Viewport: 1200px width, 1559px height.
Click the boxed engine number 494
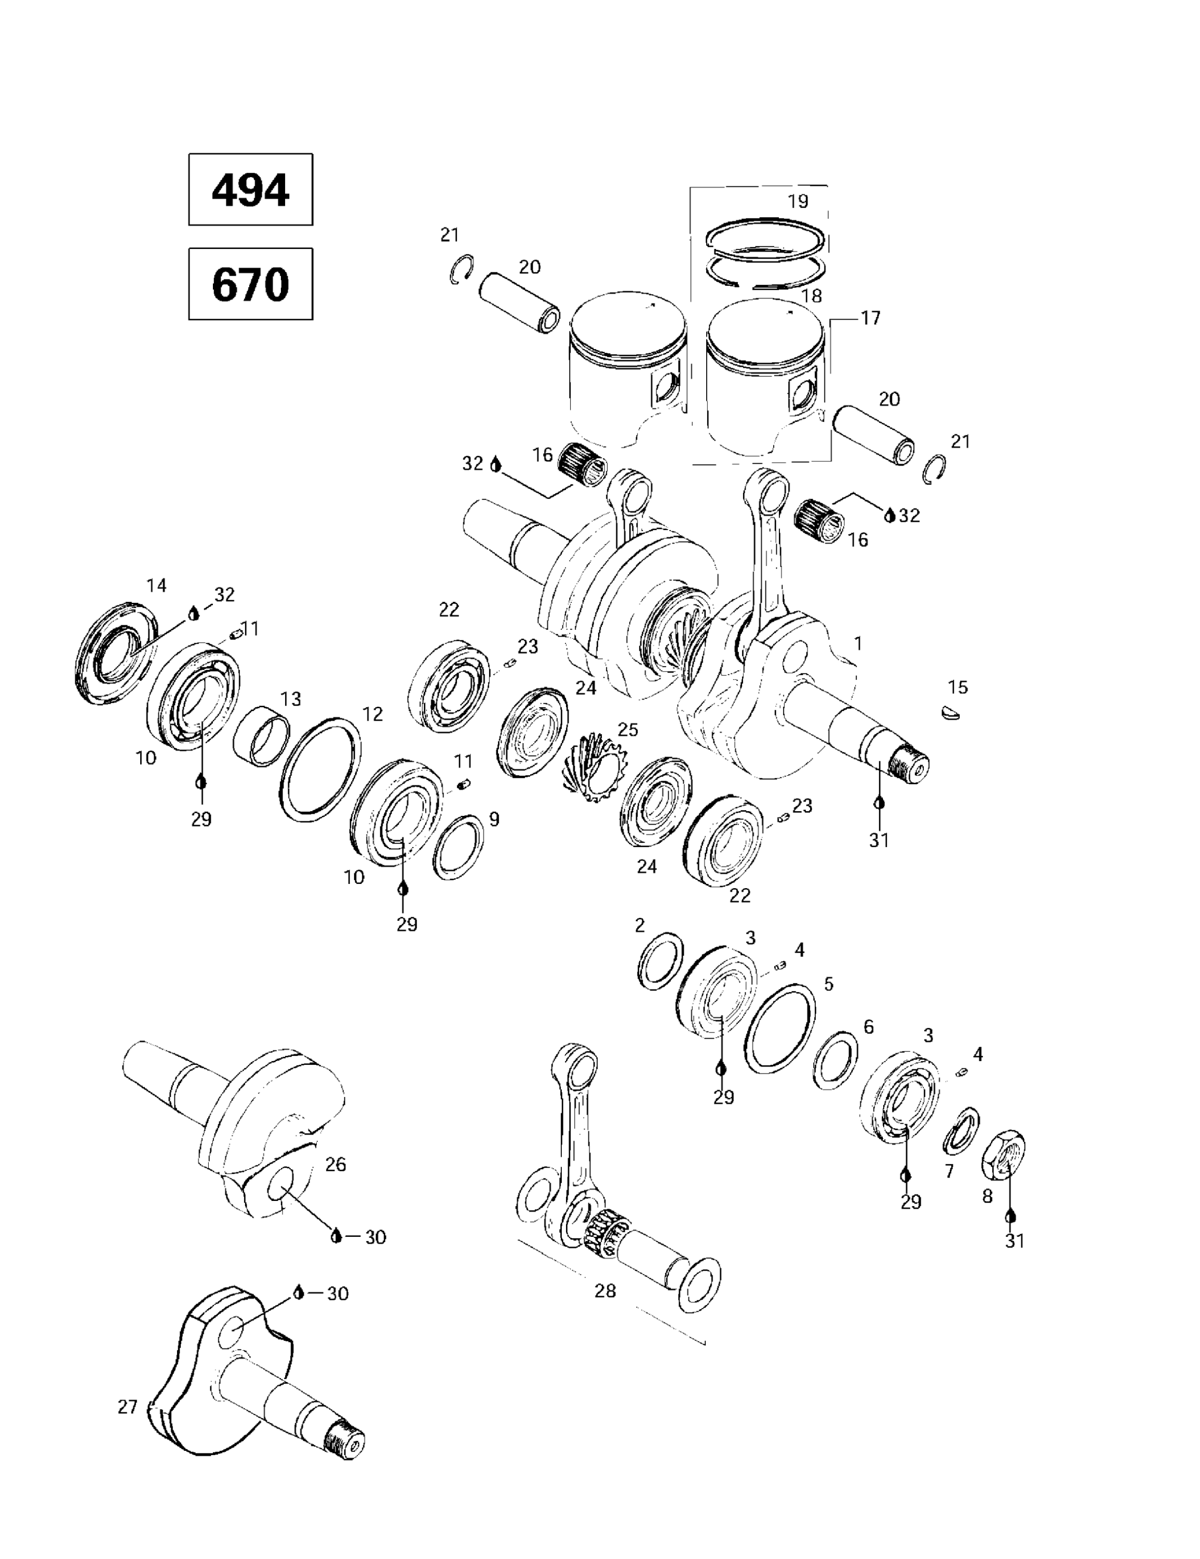[x=250, y=190]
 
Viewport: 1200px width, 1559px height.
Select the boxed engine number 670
[x=250, y=284]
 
